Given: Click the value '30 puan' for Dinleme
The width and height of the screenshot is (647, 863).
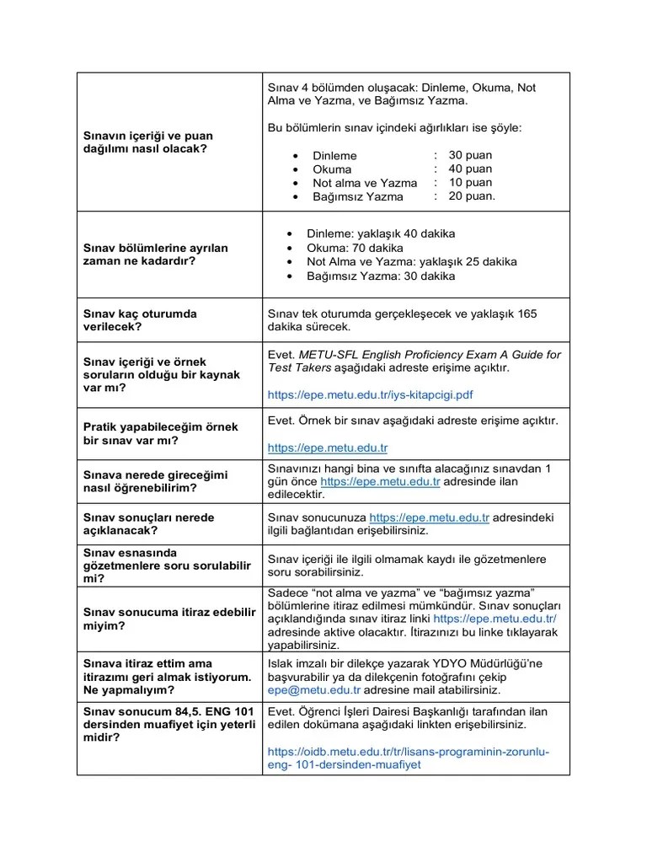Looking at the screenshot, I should [470, 155].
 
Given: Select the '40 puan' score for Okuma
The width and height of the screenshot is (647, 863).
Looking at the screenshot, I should [470, 169].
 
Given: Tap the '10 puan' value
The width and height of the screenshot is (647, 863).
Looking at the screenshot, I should [470, 182].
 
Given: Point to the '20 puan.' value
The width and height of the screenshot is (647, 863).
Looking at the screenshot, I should [472, 196].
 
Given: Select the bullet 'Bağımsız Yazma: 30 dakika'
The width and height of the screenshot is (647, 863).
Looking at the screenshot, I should [381, 276].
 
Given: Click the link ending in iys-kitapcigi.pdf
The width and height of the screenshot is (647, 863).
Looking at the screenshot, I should [370, 394].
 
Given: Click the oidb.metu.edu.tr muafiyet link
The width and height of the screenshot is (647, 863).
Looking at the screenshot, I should [408, 758].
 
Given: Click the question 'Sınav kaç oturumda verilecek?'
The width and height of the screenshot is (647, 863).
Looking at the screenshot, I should [140, 320].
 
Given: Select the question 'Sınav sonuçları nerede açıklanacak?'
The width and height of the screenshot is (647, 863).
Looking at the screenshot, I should [149, 524].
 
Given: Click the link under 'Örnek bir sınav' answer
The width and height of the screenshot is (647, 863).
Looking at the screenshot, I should [328, 448].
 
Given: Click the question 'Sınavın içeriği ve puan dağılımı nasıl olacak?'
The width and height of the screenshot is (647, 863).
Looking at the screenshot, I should [147, 142].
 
